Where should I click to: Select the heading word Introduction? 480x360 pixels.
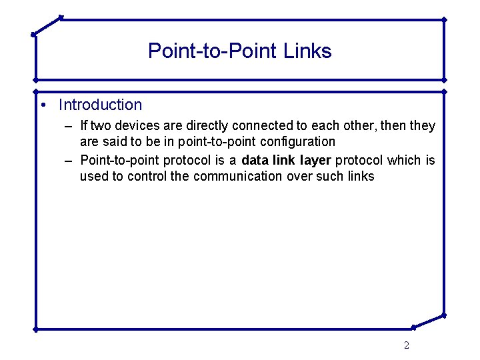click(100, 105)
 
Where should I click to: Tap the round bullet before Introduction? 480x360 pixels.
click(42, 105)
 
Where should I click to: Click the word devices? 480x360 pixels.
click(137, 125)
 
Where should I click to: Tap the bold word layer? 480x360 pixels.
click(315, 160)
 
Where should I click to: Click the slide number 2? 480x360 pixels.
click(407, 345)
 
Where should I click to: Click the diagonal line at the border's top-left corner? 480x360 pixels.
click(47, 25)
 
